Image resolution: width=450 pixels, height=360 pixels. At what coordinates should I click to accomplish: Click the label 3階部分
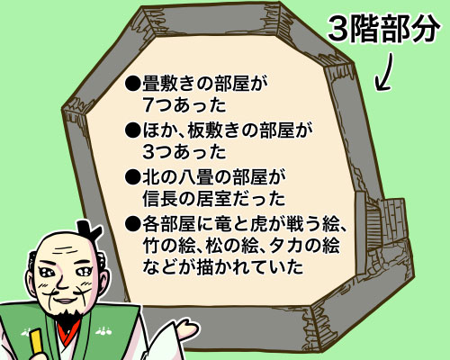pos(383,29)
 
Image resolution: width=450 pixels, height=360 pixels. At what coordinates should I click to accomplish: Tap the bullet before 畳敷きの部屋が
pos(132,84)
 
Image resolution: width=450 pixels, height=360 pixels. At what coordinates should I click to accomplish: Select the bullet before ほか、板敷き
pos(132,130)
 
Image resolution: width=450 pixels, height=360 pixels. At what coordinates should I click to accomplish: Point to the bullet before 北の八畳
pos(132,177)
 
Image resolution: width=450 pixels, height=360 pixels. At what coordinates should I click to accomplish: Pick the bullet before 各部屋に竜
pos(132,224)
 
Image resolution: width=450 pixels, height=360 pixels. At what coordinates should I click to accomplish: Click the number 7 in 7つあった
pos(148,105)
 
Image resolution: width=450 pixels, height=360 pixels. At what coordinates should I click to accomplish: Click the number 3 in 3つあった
pos(148,152)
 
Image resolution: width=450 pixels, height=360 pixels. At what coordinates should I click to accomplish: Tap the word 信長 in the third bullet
pos(160,199)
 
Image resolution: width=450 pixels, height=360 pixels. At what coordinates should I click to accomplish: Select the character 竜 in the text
pos(223,224)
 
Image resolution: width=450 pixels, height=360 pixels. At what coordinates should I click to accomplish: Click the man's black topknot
pos(88,231)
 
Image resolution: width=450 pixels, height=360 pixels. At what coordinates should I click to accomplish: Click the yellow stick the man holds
pos(37,341)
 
